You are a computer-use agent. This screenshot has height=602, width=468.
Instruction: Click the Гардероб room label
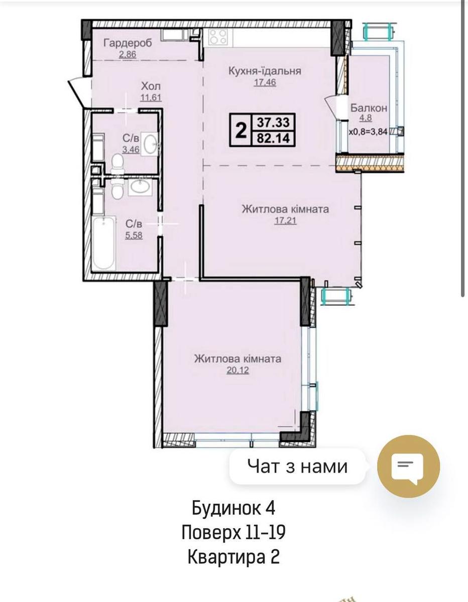tap(128, 43)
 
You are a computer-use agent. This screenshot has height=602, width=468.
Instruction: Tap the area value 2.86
tap(128, 54)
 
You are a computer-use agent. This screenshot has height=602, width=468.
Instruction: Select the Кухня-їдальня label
tap(265, 71)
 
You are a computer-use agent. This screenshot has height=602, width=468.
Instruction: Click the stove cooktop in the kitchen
tap(217, 37)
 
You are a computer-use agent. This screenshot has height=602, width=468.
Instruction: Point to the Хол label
tap(151, 87)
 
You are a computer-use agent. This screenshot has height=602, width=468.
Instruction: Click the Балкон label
tap(369, 108)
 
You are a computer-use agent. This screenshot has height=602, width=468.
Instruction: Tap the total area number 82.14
tap(273, 138)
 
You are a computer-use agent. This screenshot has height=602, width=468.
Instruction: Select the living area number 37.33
tap(273, 122)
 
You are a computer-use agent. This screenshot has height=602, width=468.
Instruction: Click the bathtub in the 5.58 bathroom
tap(103, 243)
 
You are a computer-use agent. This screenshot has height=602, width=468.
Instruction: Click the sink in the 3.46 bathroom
tap(150, 144)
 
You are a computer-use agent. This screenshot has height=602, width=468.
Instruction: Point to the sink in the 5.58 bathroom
tap(140, 187)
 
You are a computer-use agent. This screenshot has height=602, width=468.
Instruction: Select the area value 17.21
tap(286, 221)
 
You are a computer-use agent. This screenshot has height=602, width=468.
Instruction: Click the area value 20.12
tap(238, 370)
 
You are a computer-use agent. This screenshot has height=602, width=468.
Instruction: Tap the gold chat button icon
tap(408, 466)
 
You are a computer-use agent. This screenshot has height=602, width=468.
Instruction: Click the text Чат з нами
tap(297, 467)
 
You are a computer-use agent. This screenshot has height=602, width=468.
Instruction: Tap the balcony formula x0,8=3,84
tap(368, 132)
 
